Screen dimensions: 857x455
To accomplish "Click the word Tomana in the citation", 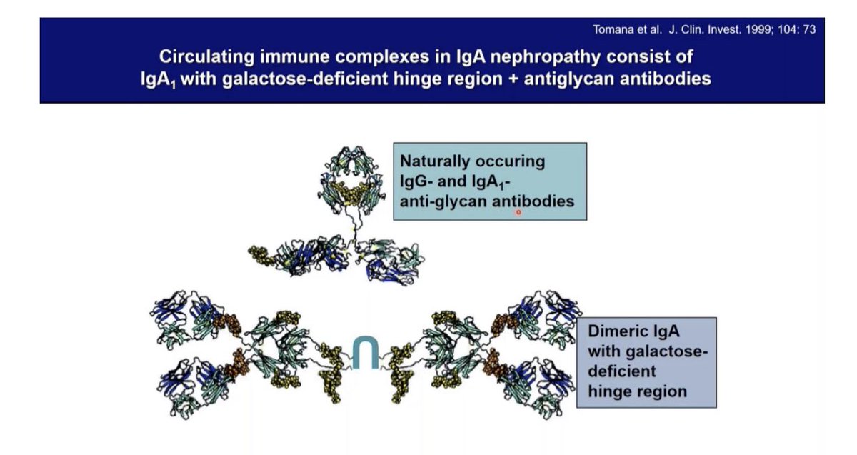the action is pos(611,30).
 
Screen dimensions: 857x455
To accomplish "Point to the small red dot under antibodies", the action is pos(518,211).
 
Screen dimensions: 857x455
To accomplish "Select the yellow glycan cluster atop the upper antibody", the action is pos(351,191).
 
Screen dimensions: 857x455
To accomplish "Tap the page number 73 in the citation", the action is pos(809,30).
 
